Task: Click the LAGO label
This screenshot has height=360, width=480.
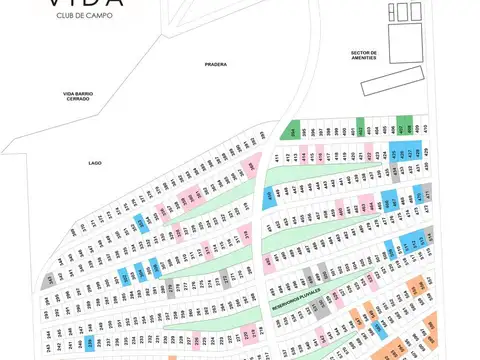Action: pyautogui.click(x=95, y=161)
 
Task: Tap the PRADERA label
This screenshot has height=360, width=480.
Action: pyautogui.click(x=215, y=64)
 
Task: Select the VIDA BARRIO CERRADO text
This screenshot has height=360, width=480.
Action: pyautogui.click(x=77, y=96)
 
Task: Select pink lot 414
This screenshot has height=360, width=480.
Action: pyautogui.click(x=305, y=158)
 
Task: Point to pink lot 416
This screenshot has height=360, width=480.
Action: pyautogui.click(x=321, y=157)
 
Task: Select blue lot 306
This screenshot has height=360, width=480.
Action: pyautogui.click(x=123, y=275)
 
